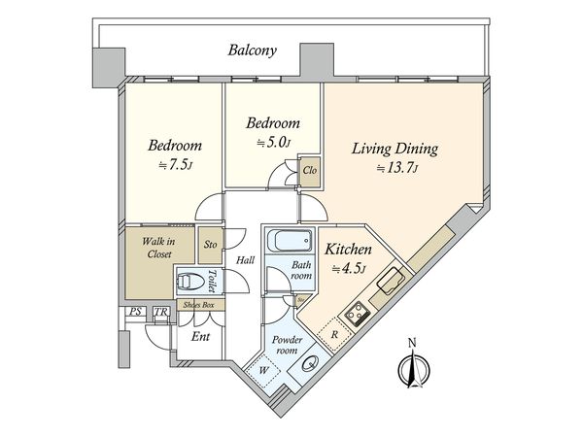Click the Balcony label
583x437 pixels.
point(253,50)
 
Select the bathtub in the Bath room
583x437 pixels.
point(290,241)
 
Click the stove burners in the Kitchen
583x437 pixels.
point(357,314)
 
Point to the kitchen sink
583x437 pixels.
point(391,281)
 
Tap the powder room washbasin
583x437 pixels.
point(310,363)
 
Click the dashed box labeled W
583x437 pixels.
point(264,370)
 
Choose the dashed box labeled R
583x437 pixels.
point(334,334)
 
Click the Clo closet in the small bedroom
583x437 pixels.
point(310,171)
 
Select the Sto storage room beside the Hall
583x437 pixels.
point(211,245)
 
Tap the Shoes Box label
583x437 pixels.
point(198,305)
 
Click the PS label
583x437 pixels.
point(135,312)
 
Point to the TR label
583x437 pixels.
point(161,312)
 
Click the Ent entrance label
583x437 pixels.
point(200,337)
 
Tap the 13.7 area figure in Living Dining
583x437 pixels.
point(398,169)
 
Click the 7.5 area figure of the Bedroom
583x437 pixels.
point(176,165)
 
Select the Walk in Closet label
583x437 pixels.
point(158,248)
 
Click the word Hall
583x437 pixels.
point(246,260)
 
